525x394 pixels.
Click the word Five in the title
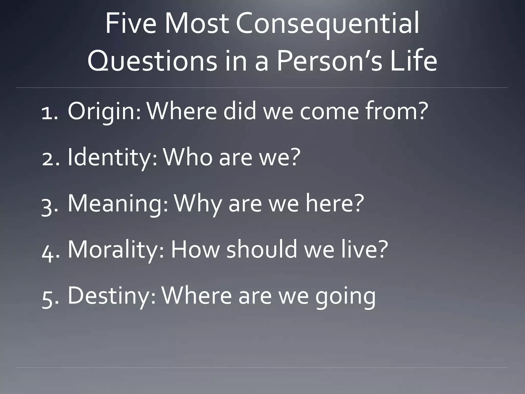(x=130, y=24)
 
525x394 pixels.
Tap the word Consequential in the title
(x=327, y=24)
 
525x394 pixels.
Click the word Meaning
(x=118, y=204)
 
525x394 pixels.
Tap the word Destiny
(x=111, y=296)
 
